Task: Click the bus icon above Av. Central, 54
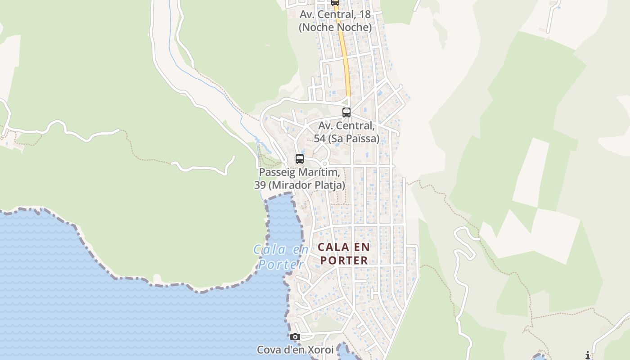(x=346, y=112)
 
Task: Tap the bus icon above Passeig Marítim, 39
(x=300, y=159)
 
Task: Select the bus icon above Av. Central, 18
(x=335, y=2)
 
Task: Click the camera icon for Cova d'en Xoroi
(x=295, y=337)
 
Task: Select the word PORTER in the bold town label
(x=344, y=260)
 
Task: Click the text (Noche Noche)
(x=335, y=27)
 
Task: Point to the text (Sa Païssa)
(x=353, y=139)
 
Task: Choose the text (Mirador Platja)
(x=307, y=185)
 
